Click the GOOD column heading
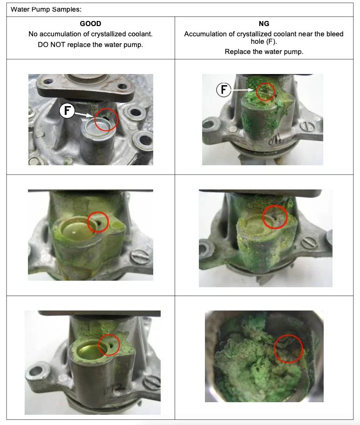[90, 24]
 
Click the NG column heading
[264, 24]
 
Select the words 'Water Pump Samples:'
[46, 9]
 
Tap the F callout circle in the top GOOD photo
[67, 111]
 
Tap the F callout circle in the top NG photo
[224, 89]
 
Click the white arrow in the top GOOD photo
[84, 115]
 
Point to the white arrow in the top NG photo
[243, 90]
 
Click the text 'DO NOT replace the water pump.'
[90, 45]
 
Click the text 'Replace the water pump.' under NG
[264, 52]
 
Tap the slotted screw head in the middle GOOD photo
[140, 256]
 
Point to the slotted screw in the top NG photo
[307, 126]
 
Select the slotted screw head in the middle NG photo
[309, 242]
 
